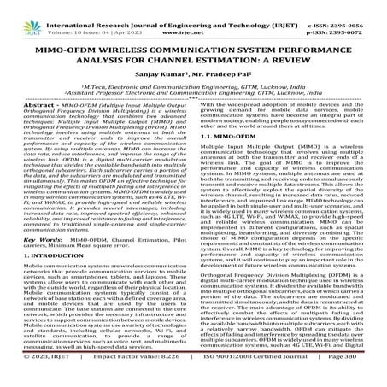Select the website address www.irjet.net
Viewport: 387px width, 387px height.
pyautogui.click(x=193, y=17)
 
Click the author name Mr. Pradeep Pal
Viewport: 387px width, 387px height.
pyautogui.click(x=219, y=75)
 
